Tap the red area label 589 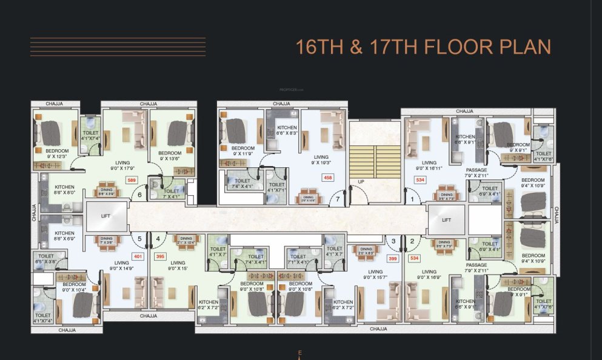[130, 180]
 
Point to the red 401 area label [138, 256]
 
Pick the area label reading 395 [160, 256]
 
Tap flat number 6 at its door [140, 195]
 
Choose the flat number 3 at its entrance [393, 241]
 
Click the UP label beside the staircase [361, 181]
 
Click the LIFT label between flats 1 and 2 [447, 220]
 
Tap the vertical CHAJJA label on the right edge [556, 215]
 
